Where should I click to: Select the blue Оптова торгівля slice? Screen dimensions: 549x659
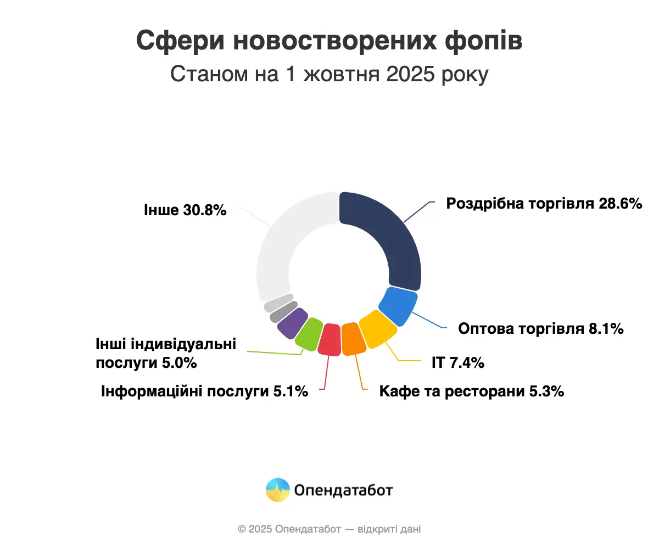pos(398,306)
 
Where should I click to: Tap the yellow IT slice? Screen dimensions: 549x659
pos(377,329)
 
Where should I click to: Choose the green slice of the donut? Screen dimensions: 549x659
pos(308,333)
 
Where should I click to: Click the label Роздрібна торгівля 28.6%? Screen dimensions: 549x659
pos(544,204)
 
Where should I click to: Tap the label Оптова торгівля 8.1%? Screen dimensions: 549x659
pos(540,329)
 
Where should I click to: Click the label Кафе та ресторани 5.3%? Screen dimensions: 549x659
pos(471,391)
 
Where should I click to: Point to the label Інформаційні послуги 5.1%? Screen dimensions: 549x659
pos(204,391)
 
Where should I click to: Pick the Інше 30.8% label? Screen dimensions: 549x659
pos(185,210)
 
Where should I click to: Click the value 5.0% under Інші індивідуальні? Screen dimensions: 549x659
pos(178,363)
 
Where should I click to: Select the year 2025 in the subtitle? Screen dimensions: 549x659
pos(406,74)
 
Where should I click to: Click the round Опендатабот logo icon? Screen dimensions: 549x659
pos(277,490)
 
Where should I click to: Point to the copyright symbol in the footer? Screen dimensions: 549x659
pos(242,529)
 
